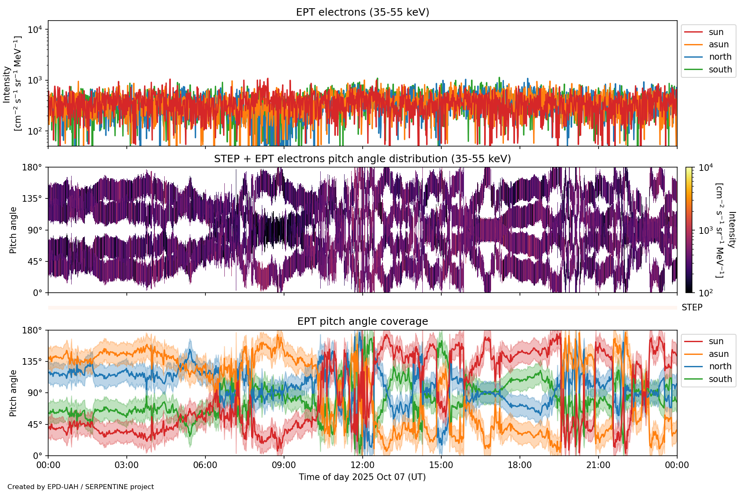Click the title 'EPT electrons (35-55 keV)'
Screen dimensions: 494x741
point(362,12)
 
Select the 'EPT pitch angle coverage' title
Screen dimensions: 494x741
point(362,322)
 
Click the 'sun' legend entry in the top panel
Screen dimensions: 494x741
point(716,32)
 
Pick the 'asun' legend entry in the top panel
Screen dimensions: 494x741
point(718,44)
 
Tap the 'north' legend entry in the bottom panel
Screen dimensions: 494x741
point(720,366)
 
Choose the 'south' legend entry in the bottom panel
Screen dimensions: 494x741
point(720,379)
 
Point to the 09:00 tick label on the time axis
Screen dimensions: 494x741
point(284,466)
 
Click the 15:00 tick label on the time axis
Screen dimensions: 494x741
point(441,466)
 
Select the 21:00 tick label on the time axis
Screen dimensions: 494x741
point(598,466)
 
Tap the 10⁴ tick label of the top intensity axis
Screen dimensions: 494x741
point(35,30)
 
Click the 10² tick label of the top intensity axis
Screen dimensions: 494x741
point(35,131)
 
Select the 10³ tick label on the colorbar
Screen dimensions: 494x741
point(706,230)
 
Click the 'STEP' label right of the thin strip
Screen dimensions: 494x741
point(692,308)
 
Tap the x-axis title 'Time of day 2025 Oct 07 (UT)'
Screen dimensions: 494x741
point(362,477)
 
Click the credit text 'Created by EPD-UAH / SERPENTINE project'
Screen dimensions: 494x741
point(81,487)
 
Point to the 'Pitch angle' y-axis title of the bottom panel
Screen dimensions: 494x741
point(13,393)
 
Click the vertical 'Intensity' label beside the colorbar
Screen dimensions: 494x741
point(731,230)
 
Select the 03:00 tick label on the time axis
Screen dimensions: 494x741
point(127,466)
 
